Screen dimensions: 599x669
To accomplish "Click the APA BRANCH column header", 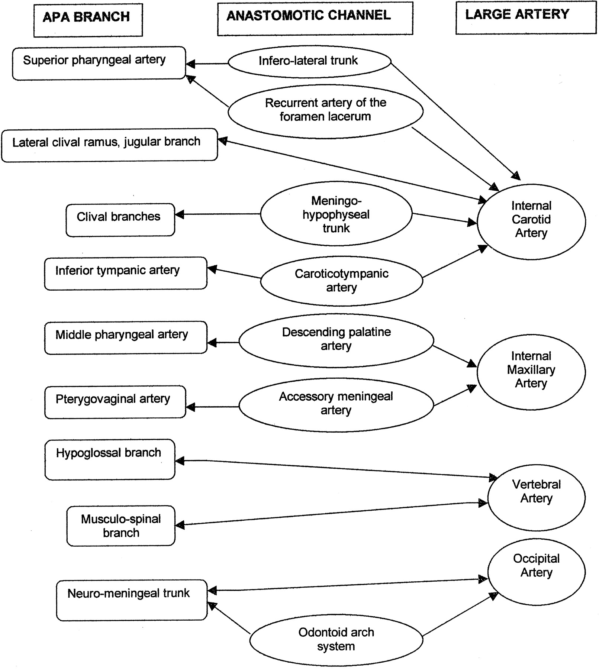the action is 88,20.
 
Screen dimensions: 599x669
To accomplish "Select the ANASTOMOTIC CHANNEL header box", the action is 315,19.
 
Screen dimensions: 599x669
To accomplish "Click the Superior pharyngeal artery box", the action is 99,63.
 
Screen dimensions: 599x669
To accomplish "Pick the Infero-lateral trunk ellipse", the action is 309,62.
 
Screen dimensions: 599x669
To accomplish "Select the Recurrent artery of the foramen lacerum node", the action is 325,111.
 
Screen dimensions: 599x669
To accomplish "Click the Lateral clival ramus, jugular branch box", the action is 110,145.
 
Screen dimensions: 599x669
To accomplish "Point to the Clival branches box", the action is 120,220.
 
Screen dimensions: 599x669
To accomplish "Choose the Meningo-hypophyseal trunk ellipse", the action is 336,214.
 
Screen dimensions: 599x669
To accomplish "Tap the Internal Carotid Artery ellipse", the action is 531,222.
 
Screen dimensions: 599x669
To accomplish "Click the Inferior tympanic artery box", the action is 126,273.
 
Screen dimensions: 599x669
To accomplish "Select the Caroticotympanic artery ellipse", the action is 341,281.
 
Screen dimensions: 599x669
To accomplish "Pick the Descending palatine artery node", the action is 336,340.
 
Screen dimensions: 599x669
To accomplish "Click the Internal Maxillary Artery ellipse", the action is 531,372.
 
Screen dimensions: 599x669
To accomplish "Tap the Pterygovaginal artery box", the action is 115,402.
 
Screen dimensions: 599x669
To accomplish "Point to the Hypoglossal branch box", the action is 110,459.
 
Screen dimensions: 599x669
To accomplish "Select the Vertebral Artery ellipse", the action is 537,497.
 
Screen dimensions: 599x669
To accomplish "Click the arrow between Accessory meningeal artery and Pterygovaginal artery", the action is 212,407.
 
